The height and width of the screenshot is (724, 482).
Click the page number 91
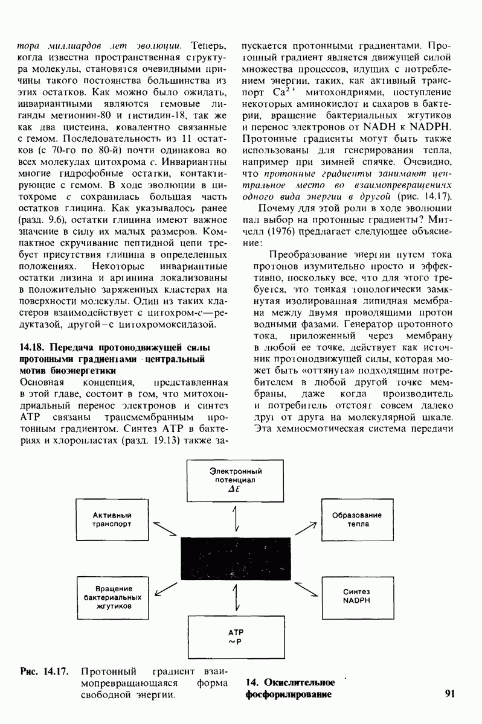449,693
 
